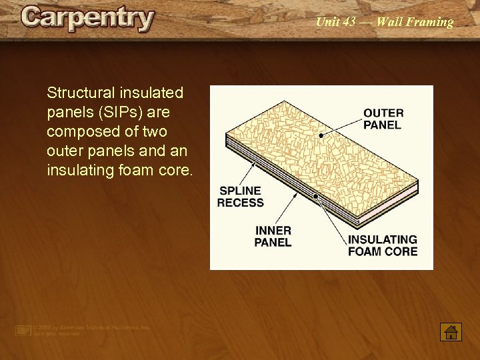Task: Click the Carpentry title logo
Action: click(x=87, y=18)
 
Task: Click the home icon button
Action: click(x=451, y=331)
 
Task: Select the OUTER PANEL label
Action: click(x=383, y=119)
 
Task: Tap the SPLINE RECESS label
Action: click(x=240, y=197)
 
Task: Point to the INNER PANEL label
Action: click(x=273, y=236)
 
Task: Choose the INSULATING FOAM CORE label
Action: click(x=383, y=245)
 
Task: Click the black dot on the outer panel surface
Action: click(x=321, y=135)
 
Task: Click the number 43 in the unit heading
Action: click(x=349, y=22)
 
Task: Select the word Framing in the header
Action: click(x=429, y=22)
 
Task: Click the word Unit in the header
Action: click(x=327, y=22)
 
